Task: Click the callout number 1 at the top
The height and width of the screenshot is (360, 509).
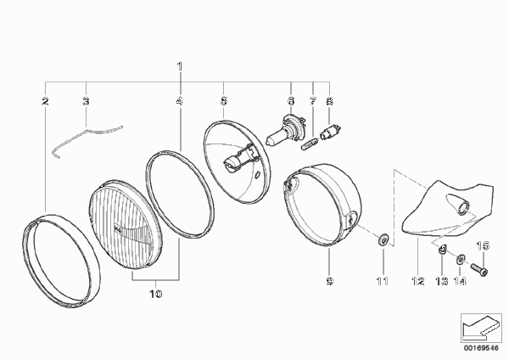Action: tap(180, 66)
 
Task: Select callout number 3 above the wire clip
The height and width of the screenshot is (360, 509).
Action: tap(86, 101)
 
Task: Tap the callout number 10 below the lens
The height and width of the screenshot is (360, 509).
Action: tap(155, 294)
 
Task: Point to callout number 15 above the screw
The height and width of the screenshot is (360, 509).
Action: tap(483, 246)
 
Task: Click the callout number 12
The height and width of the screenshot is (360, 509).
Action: tap(418, 281)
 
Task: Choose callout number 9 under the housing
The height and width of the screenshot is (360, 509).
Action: tap(329, 281)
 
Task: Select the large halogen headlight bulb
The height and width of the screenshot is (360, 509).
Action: tap(285, 131)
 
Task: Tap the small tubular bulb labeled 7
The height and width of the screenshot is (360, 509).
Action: tap(309, 144)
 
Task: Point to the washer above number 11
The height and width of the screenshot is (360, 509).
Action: tap(383, 239)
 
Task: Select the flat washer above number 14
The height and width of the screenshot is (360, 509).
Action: tap(461, 259)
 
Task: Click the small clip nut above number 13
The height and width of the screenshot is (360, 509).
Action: tap(441, 250)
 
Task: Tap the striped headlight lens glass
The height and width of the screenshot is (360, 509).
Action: tap(125, 224)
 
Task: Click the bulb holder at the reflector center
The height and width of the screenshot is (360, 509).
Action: tap(239, 160)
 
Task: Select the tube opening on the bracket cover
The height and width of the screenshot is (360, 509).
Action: tap(463, 208)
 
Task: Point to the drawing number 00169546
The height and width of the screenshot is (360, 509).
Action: tap(481, 348)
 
